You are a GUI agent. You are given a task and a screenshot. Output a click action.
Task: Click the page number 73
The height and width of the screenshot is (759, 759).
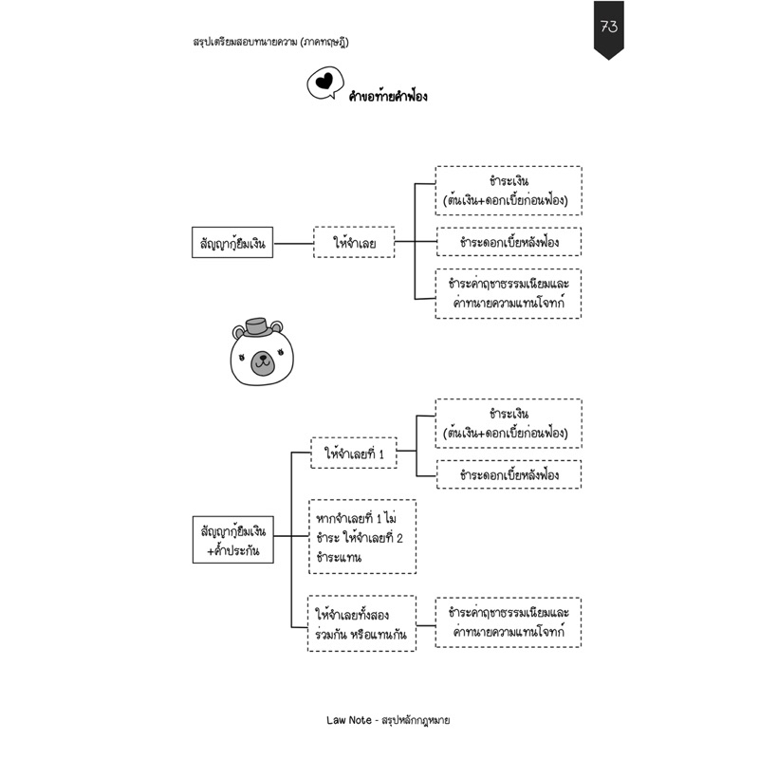609,27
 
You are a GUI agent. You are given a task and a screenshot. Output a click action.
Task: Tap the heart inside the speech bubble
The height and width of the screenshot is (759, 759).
324,81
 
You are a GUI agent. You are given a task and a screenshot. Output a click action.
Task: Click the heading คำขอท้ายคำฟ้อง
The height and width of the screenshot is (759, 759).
388,96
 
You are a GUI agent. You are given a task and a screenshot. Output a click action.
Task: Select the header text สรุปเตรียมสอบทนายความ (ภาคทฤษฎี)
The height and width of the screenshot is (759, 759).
270,42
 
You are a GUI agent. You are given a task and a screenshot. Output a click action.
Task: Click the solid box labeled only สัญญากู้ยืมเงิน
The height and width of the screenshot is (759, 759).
232,243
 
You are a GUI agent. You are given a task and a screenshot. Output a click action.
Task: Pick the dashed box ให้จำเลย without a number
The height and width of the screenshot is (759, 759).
354,242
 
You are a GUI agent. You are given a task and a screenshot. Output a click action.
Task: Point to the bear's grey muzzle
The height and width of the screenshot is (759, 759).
263,363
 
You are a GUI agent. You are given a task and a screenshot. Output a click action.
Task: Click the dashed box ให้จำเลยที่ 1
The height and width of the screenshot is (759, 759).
354,454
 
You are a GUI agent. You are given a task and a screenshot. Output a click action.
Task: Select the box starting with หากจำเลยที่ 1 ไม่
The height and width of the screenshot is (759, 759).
362,537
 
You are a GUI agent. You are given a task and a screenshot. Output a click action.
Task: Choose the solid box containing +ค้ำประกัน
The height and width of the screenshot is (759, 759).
232,540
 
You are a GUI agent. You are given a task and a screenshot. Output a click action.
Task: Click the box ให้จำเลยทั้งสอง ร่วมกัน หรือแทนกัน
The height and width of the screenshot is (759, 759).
362,624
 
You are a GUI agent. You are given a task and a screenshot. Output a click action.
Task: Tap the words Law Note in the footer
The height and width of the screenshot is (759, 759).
348,720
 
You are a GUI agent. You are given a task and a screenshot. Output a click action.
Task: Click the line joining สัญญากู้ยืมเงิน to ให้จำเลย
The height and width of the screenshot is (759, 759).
293,243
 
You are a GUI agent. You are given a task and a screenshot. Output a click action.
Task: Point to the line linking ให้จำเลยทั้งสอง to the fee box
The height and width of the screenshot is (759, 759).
426,625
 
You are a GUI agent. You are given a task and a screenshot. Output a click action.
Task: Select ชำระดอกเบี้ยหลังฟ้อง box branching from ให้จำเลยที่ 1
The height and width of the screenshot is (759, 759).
509,474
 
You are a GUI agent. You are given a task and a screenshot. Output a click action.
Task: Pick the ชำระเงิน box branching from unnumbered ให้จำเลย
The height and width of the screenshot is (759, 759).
509,191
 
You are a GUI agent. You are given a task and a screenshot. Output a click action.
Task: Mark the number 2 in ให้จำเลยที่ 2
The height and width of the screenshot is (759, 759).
399,538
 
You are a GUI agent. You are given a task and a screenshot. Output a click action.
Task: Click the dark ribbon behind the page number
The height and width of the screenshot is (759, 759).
609,30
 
